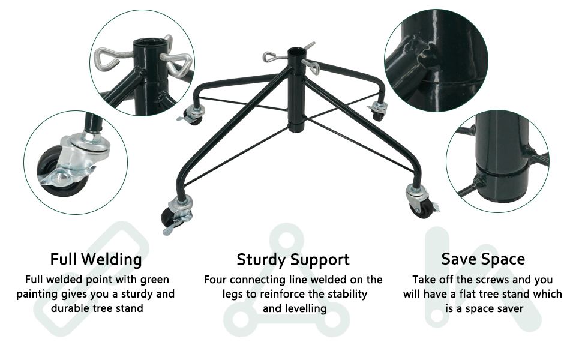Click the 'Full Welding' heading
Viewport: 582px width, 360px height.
pyautogui.click(x=96, y=259)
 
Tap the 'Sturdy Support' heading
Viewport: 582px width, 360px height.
pyautogui.click(x=293, y=260)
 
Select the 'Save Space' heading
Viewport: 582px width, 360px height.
pyautogui.click(x=483, y=259)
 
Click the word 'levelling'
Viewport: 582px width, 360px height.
pyautogui.click(x=305, y=308)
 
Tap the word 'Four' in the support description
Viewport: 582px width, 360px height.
pyautogui.click(x=217, y=280)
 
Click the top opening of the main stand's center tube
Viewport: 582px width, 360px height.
pyautogui.click(x=295, y=51)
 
